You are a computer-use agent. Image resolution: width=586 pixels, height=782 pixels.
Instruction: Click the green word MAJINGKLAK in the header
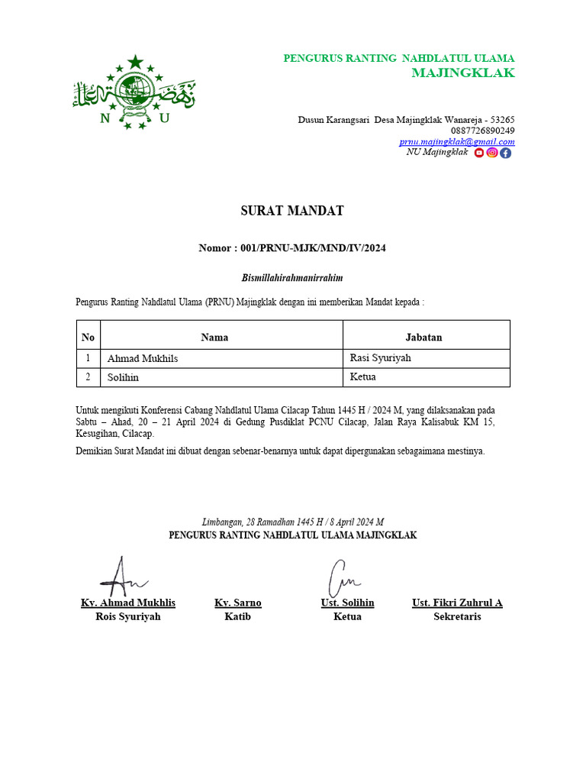pyautogui.click(x=462, y=73)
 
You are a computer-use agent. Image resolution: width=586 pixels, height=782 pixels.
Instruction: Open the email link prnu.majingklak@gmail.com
pyautogui.click(x=456, y=141)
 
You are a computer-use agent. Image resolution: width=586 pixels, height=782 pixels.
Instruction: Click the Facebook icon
pyautogui.click(x=505, y=153)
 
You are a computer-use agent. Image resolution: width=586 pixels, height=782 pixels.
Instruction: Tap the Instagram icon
pyautogui.click(x=492, y=153)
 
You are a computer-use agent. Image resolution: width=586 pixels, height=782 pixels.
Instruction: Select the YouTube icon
pyautogui.click(x=479, y=153)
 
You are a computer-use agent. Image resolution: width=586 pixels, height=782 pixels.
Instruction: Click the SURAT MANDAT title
pyautogui.click(x=292, y=211)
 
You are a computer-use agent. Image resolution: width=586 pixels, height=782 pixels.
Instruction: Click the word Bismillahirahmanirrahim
pyautogui.click(x=292, y=278)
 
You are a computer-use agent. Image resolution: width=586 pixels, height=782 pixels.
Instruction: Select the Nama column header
pyautogui.click(x=214, y=337)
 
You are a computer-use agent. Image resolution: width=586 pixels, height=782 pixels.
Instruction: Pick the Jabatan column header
pyautogui.click(x=423, y=337)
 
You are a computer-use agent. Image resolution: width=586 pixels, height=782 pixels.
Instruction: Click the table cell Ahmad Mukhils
pyautogui.click(x=143, y=358)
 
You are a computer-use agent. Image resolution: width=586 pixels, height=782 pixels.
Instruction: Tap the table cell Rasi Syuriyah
pyautogui.click(x=380, y=357)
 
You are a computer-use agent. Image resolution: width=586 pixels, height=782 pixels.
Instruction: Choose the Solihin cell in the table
pyautogui.click(x=123, y=377)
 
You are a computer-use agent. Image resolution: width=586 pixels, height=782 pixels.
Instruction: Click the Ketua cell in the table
pyautogui.click(x=363, y=376)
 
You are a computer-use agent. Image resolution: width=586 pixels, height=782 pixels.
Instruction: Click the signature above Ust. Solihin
pyautogui.click(x=342, y=579)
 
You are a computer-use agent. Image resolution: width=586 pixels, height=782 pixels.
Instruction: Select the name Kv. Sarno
pyautogui.click(x=238, y=603)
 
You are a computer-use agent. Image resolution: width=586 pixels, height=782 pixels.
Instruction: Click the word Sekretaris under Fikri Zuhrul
pyautogui.click(x=457, y=616)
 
